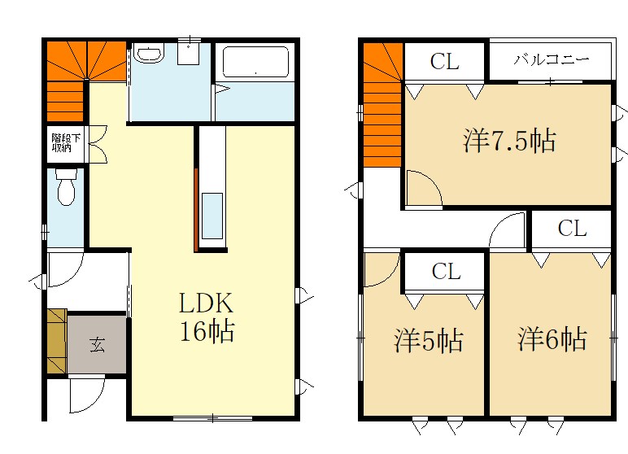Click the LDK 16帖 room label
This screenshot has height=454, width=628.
point(207,317)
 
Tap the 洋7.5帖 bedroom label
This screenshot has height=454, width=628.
point(509,140)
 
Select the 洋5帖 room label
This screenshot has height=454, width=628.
point(429,341)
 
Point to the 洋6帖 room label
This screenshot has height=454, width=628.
point(552,339)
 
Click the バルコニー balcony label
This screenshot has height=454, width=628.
point(552,59)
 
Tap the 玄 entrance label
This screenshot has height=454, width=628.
point(98,344)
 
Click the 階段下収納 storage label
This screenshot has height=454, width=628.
point(66,143)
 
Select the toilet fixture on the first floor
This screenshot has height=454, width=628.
point(67,186)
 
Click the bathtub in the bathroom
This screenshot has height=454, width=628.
point(255,62)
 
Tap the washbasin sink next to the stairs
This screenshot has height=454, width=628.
point(149,54)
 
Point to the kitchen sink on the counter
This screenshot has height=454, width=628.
point(212,216)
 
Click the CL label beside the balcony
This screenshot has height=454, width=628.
point(445,62)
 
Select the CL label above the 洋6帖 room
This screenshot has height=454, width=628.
point(573,229)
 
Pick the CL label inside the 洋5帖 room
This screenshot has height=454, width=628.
point(446,271)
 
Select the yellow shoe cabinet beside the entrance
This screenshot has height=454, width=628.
point(56,341)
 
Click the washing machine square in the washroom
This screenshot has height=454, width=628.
point(188,54)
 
